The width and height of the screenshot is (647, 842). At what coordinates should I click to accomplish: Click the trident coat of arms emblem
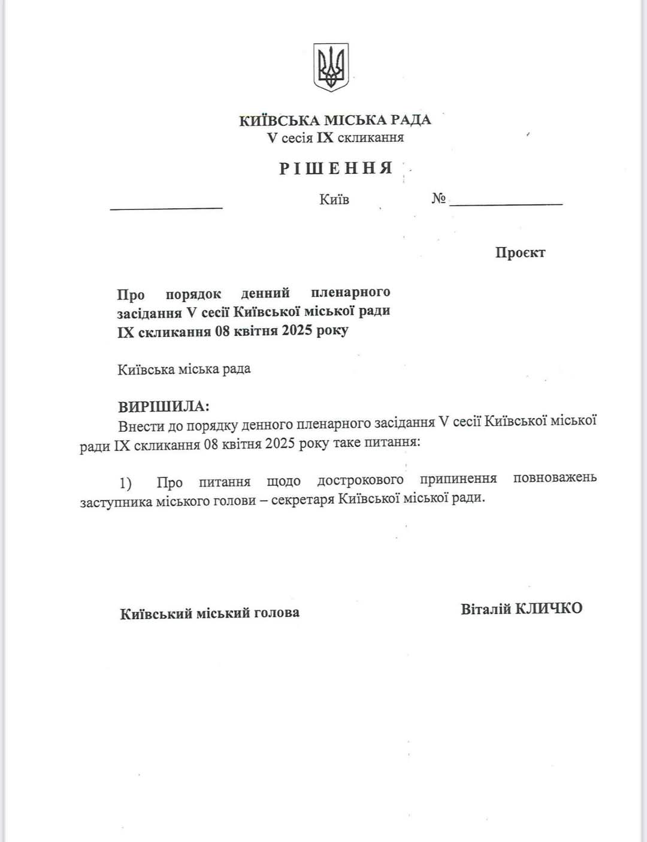[x=331, y=67]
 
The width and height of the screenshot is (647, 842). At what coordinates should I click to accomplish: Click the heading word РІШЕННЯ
[x=335, y=168]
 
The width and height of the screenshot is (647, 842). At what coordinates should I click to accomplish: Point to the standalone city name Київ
[x=334, y=199]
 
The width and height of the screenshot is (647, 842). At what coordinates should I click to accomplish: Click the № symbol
[x=439, y=199]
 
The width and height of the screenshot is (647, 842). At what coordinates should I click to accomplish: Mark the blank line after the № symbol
[x=506, y=205]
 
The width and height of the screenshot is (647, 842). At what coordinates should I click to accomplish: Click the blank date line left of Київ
[x=166, y=208]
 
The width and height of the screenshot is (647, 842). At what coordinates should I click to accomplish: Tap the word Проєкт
[x=520, y=252]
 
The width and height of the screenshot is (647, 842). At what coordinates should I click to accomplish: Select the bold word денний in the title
[x=265, y=293]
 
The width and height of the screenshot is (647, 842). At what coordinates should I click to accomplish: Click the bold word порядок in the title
[x=193, y=294]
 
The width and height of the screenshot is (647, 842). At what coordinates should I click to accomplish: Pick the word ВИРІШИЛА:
[x=164, y=407]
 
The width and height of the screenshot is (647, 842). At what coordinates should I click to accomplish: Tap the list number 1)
[x=125, y=483]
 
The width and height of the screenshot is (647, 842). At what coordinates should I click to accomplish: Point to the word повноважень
[x=555, y=478]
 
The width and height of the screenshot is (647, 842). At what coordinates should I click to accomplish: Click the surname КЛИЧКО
[x=549, y=608]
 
